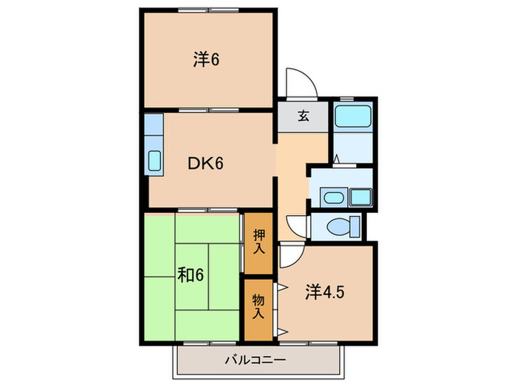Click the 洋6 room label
coord(206,60)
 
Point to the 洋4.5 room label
coord(325,290)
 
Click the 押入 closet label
coord(258,241)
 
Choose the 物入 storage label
coord(258,307)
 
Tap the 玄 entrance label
coord(304,116)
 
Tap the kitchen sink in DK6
coord(155,160)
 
